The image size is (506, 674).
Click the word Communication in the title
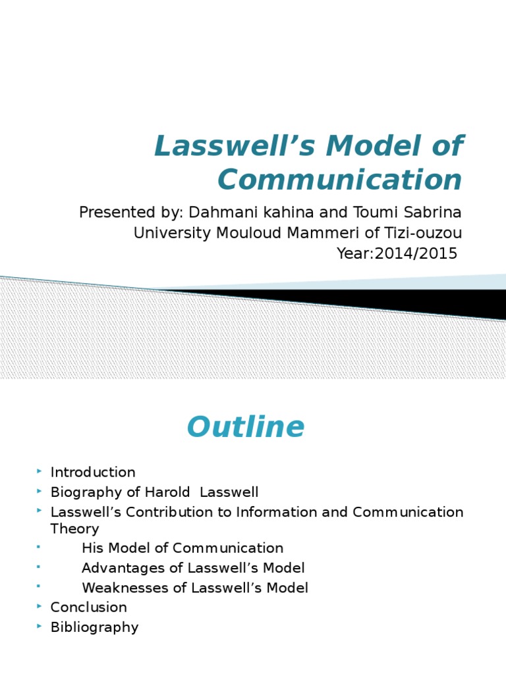[x=340, y=180]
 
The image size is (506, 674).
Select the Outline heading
[x=246, y=427]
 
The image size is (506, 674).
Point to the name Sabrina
[x=434, y=213]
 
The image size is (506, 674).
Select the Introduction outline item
[x=93, y=472]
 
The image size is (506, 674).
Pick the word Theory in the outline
[x=74, y=529]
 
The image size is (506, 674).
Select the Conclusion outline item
[x=88, y=607]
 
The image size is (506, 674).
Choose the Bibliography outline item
[x=94, y=627]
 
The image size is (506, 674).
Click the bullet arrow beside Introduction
[x=40, y=471]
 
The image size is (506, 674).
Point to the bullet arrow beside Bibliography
[x=40, y=626]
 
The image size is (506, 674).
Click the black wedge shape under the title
[x=395, y=301]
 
